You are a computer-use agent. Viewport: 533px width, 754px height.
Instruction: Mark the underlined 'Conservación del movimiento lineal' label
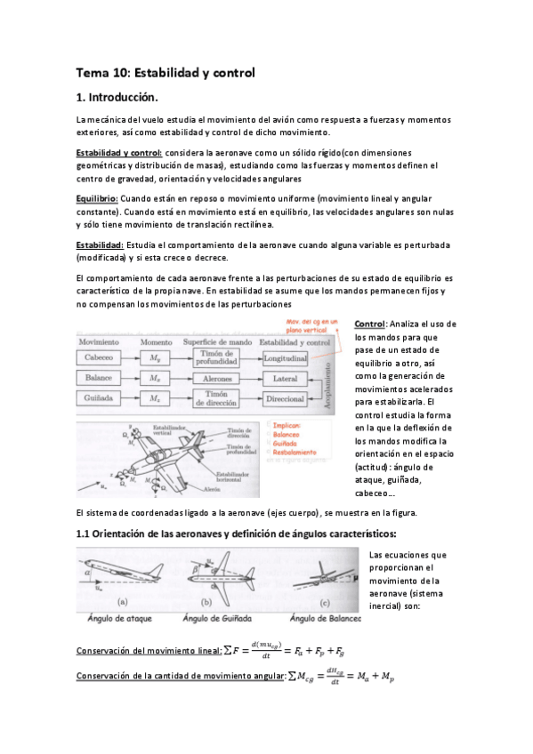[148, 651]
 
